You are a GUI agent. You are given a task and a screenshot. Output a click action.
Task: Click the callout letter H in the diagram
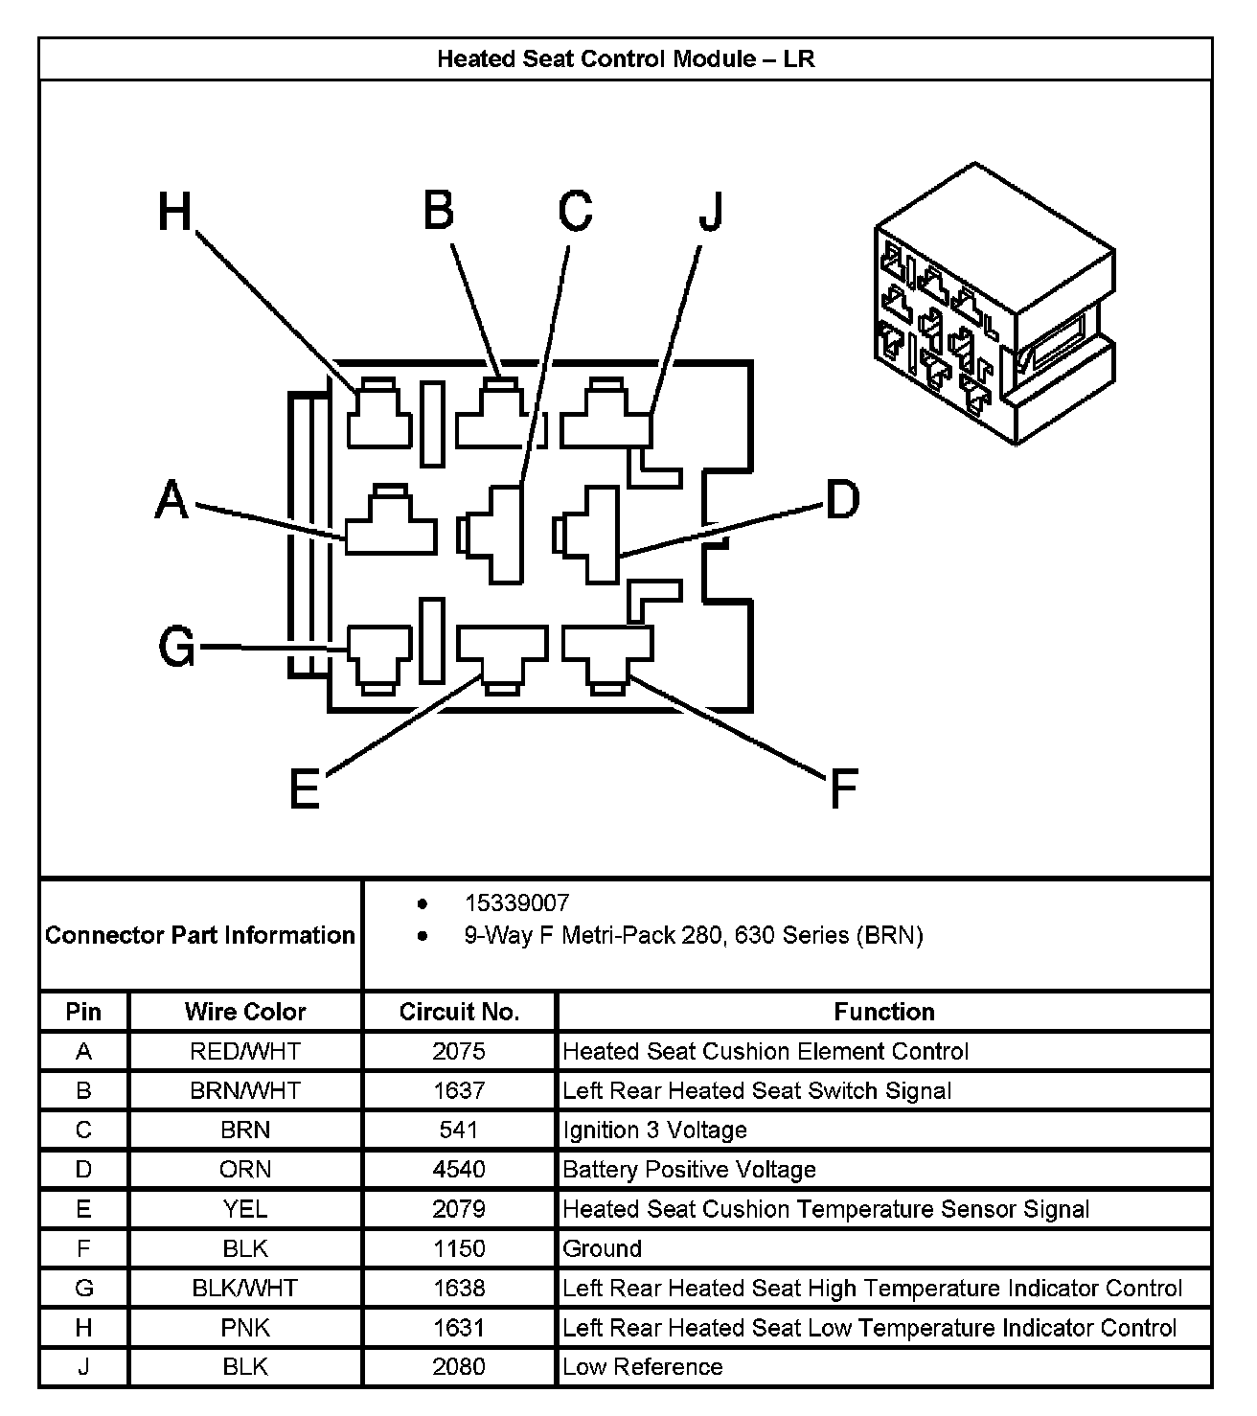click(175, 212)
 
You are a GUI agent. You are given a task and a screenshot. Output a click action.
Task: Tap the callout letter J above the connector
click(710, 212)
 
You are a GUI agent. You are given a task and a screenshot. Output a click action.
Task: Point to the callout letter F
click(842, 788)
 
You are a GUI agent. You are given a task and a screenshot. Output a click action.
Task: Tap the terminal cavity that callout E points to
click(502, 656)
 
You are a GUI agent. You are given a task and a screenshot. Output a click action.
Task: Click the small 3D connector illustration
click(994, 305)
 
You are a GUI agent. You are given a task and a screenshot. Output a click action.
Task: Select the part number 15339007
click(516, 902)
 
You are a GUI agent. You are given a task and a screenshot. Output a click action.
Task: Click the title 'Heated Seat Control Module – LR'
click(626, 59)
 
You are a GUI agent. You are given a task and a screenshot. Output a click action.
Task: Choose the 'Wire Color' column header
click(245, 1012)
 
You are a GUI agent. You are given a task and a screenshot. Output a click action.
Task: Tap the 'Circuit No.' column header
click(459, 1012)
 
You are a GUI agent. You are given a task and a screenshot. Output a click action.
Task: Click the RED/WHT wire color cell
click(245, 1051)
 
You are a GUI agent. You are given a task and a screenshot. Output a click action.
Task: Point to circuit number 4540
click(459, 1170)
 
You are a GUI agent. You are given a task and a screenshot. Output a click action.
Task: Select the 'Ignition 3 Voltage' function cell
click(654, 1131)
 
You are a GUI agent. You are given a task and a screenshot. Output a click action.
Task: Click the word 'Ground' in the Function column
click(602, 1248)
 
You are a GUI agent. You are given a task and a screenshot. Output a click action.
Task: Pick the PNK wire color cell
click(245, 1328)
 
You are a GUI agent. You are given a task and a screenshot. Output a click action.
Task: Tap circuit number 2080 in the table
click(459, 1367)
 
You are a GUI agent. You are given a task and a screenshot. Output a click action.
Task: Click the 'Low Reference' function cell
click(642, 1367)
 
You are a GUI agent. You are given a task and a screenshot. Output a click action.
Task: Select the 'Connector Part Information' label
click(200, 935)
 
